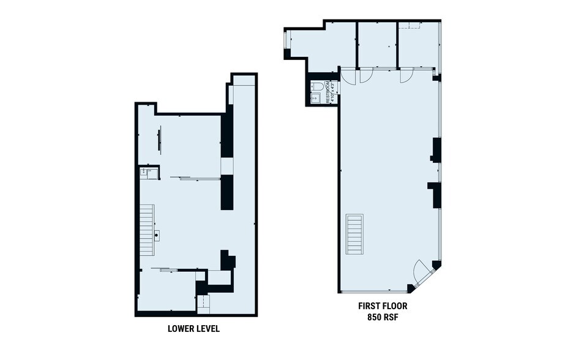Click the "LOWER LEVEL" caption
pos(193,329)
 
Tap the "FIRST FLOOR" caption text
pos(383,306)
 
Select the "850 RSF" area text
pos(383,318)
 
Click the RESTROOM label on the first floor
pos(329,92)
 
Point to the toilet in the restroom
pos(316,86)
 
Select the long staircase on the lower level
pos(146,231)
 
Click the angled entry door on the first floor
pos(422,272)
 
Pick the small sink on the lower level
pos(146,173)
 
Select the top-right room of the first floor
pos(418,45)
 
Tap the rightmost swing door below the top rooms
pos(406,75)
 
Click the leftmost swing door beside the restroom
pos(347,76)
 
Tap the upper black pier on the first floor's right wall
pos(436,149)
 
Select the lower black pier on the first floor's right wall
pos(436,195)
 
